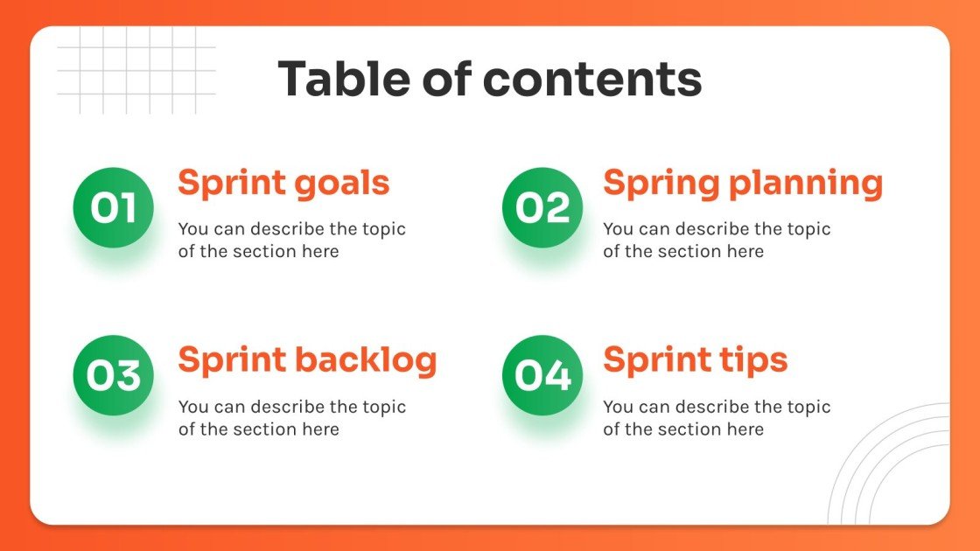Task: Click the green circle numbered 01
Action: tap(114, 208)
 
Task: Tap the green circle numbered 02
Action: tap(542, 208)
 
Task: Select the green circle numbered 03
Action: tap(114, 375)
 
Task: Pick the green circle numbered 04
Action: tap(542, 375)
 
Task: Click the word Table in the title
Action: tap(344, 78)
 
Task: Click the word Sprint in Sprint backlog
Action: tap(232, 361)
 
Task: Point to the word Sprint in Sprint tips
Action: tap(657, 361)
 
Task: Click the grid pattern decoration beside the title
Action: tap(136, 70)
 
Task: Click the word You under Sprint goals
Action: tap(193, 229)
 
